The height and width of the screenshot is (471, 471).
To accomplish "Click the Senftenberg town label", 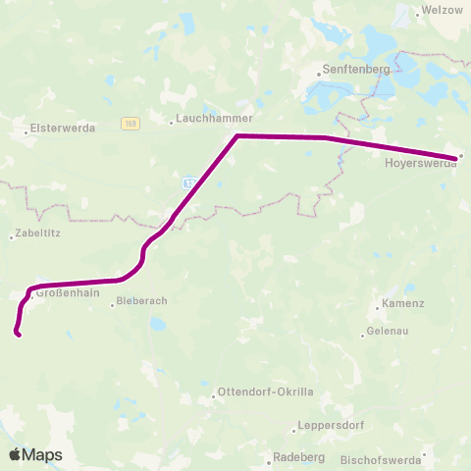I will tap(357, 72).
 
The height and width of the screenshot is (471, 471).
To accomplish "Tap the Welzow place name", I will tap(437, 10).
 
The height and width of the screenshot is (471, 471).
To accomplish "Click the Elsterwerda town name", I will tap(61, 128).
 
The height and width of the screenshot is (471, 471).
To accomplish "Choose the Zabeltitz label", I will tap(37, 235).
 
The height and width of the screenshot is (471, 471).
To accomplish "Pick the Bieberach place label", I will tap(144, 303).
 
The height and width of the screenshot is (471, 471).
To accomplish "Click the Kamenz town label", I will tap(403, 304).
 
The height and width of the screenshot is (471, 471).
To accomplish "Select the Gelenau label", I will tap(390, 333).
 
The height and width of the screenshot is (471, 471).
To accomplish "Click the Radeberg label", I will tap(298, 458).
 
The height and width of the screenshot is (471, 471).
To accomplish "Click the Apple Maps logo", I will tap(35, 454).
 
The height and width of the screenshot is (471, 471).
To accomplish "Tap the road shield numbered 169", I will tap(130, 124).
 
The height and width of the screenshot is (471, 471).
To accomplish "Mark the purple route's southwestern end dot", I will tap(17, 334).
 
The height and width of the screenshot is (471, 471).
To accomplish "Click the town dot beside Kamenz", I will tap(378, 304).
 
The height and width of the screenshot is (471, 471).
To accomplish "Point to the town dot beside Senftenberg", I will tap(321, 72).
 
